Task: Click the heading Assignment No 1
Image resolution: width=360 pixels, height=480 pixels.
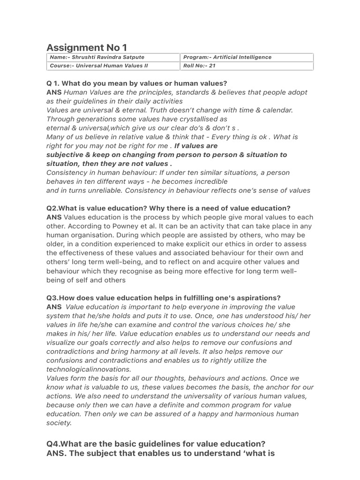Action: point(87,47)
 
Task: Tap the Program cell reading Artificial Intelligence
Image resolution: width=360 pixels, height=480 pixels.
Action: point(227,57)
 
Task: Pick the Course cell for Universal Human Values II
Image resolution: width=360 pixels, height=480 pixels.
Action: point(98,66)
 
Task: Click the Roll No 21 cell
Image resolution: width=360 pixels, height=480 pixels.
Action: point(200,66)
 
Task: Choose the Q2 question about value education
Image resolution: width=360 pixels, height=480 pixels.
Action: point(168,208)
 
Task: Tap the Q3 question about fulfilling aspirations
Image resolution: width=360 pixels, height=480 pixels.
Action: point(164,298)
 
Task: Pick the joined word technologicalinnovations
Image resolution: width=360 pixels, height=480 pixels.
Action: point(89,369)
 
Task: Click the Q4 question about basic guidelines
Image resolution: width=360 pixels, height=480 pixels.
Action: point(156,443)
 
